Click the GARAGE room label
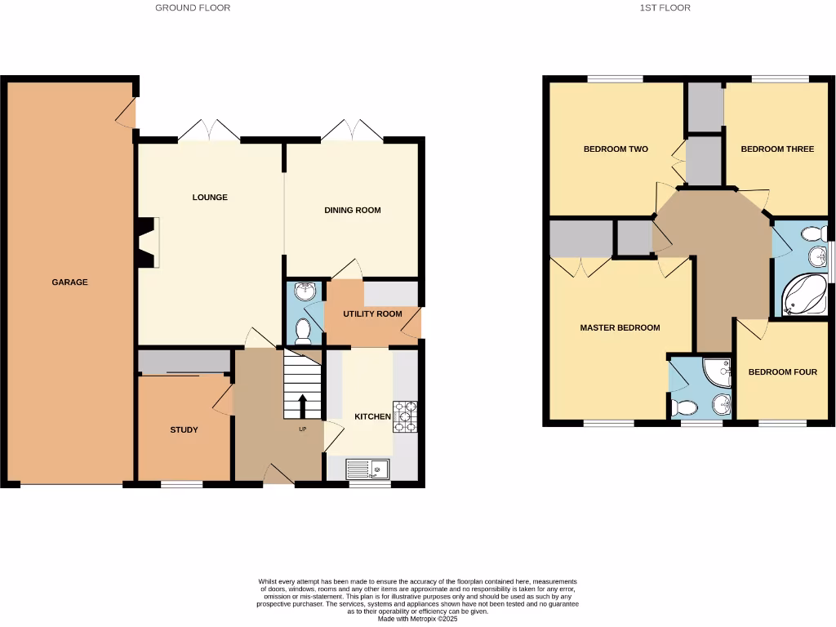69,282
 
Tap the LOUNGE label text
210,197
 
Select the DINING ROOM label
353,210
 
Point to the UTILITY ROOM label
372,313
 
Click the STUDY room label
184,429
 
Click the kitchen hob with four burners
405,416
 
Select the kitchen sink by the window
368,469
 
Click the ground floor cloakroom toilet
303,331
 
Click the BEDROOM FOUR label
783,372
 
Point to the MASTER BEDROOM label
620,327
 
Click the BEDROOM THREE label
777,149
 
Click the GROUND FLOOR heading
193,7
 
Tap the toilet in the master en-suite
684,407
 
